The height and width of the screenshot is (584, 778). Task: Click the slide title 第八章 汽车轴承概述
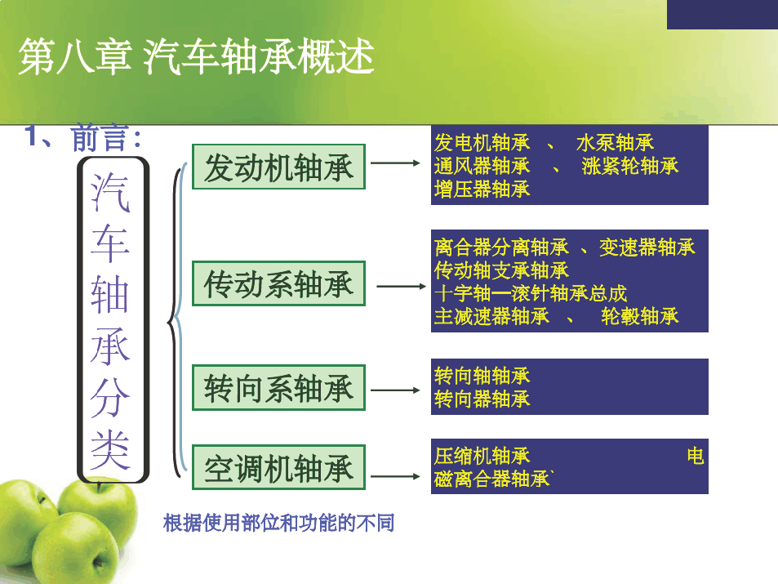pos(196,56)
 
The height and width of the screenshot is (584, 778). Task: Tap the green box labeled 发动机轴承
pos(279,167)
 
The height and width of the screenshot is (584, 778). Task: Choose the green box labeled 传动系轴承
pos(279,283)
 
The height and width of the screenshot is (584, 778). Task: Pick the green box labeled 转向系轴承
pos(279,388)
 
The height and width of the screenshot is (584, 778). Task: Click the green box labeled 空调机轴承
pos(279,467)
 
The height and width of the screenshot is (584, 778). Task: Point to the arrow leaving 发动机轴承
pos(395,163)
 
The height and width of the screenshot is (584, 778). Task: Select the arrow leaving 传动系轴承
pos(402,287)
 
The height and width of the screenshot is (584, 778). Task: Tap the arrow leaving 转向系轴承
pos(395,390)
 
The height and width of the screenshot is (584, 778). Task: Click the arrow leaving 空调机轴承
pos(395,477)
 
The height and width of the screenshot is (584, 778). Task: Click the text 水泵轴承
pos(615,143)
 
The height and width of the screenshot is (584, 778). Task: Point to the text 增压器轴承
pos(482,189)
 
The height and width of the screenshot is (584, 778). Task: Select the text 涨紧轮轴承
pos(629,167)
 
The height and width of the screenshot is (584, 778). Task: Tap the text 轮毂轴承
pos(639,316)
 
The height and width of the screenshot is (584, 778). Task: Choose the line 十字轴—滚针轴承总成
pos(531,293)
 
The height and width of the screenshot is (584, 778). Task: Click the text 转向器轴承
pos(482,399)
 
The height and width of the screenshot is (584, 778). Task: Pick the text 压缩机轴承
pos(482,456)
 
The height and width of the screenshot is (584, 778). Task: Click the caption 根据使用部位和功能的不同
pos(279,523)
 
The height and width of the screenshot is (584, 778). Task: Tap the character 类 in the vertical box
pos(110,450)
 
